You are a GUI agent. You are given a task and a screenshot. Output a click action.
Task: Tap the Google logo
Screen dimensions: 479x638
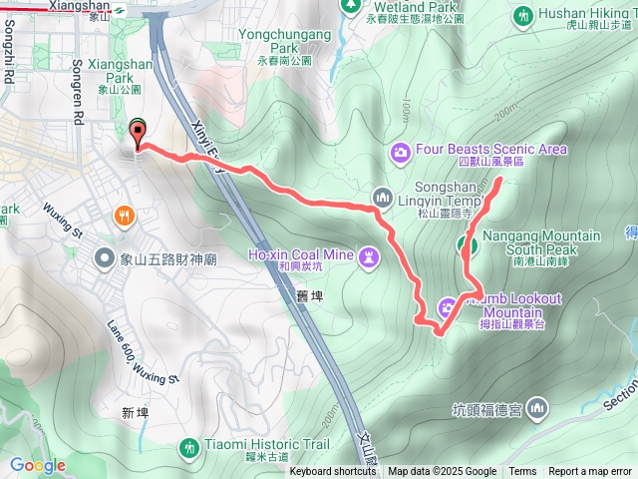click(38, 465)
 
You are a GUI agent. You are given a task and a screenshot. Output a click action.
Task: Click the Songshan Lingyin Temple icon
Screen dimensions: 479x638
click(380, 195)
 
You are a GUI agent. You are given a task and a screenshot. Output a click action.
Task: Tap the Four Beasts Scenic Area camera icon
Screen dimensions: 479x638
click(400, 151)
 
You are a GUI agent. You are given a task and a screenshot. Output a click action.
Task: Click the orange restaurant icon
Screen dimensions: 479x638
click(124, 214)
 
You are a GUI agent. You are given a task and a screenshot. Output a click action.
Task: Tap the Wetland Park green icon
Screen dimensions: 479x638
click(349, 6)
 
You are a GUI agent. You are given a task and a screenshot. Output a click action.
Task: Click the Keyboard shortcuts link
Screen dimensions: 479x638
click(333, 472)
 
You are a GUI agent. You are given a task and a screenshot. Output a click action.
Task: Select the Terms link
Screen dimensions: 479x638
click(522, 472)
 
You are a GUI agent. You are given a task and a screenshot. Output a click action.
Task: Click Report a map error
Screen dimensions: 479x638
click(591, 472)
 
